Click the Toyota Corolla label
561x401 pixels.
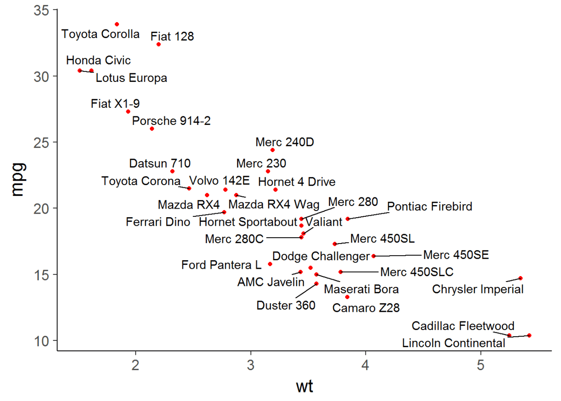coord(100,34)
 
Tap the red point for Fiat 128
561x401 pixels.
coord(158,44)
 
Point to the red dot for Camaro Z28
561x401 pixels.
coord(347,297)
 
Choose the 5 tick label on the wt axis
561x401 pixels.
coord(480,365)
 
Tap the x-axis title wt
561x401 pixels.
coord(304,387)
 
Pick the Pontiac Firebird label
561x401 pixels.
coord(430,207)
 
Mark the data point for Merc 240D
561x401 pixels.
coord(272,150)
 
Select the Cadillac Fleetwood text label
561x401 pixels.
coord(463,326)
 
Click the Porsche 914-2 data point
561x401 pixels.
coord(152,129)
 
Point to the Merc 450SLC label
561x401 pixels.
coord(417,272)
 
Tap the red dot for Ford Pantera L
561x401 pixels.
coord(270,264)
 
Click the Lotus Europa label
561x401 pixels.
coord(131,78)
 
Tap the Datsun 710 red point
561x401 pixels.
coord(172,171)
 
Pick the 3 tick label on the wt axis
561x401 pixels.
coord(251,365)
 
